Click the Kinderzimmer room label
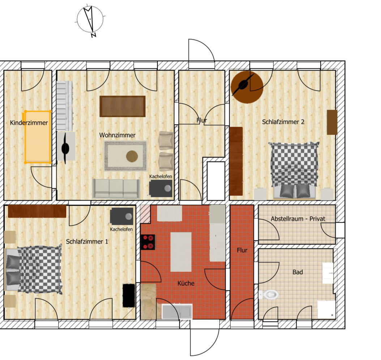(x=29, y=123)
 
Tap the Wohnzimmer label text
(x=117, y=135)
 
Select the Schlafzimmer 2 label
(x=283, y=122)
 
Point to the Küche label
(x=186, y=283)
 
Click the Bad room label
(x=298, y=272)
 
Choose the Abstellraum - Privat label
(x=298, y=219)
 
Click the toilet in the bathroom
(x=268, y=294)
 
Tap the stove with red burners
(x=148, y=242)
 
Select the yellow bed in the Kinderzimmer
(x=38, y=137)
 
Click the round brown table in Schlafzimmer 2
(x=247, y=87)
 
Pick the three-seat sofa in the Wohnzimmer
(x=116, y=189)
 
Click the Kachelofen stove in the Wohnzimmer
(x=161, y=188)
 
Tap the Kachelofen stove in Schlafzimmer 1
(x=122, y=216)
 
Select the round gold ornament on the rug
(x=132, y=156)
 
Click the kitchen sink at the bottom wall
(x=177, y=311)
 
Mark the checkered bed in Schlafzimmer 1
(x=34, y=269)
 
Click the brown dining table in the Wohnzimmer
(x=122, y=106)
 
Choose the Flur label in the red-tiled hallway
(x=242, y=250)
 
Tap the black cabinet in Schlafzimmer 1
(x=128, y=295)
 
